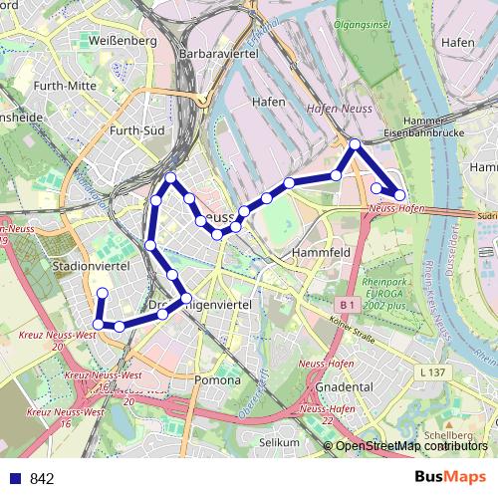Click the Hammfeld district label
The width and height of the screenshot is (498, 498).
[x=321, y=253]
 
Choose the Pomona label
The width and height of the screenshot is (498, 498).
[x=218, y=379]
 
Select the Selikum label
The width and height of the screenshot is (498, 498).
[x=279, y=441]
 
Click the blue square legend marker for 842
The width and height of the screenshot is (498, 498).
[x=15, y=478]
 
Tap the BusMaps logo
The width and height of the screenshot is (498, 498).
[x=450, y=477]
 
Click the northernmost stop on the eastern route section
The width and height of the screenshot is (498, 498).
[x=355, y=144]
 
